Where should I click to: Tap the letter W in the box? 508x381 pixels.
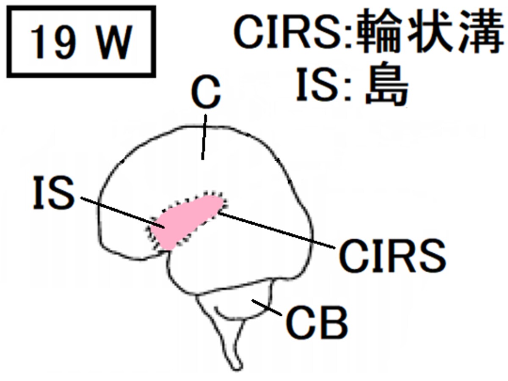115,41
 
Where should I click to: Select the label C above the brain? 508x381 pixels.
206,91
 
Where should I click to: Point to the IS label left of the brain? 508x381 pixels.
54,192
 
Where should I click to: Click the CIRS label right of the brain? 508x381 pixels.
392,256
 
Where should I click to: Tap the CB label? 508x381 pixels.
317,322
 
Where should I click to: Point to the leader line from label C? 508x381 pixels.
204,137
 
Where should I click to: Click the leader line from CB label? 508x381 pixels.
267,307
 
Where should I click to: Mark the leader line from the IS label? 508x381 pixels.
123,213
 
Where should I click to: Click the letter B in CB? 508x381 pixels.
333,322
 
